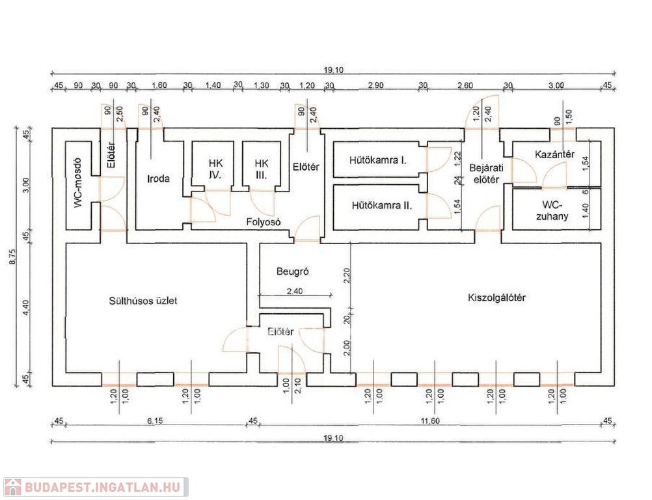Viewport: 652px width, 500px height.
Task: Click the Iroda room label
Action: (x=158, y=178)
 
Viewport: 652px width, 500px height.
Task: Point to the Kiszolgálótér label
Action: (x=496, y=298)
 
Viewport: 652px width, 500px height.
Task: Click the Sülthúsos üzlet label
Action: (x=143, y=301)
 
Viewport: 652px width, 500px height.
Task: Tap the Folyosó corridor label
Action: (x=263, y=222)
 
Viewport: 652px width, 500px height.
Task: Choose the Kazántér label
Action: (x=554, y=154)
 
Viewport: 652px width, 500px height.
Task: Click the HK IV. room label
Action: (x=215, y=169)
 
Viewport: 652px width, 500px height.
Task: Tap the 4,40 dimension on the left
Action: (x=27, y=307)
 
